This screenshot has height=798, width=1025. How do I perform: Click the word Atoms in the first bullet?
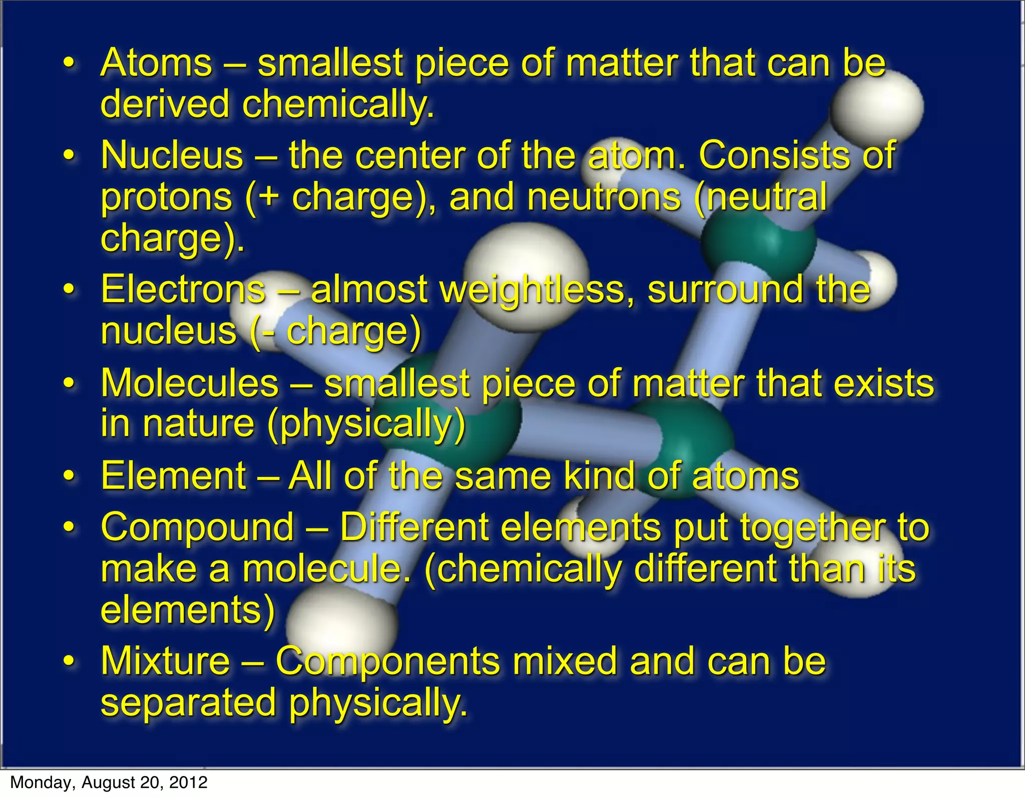point(157,63)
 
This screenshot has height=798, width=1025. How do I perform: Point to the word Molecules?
point(190,383)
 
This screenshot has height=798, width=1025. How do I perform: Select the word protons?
point(167,197)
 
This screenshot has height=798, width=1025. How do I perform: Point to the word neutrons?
point(604,197)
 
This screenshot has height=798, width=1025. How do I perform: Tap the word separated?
point(189,702)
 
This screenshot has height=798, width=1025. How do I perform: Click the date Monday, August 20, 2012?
point(109,782)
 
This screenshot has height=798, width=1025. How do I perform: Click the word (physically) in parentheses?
point(366,425)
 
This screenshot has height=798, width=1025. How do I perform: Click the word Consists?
point(774,155)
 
